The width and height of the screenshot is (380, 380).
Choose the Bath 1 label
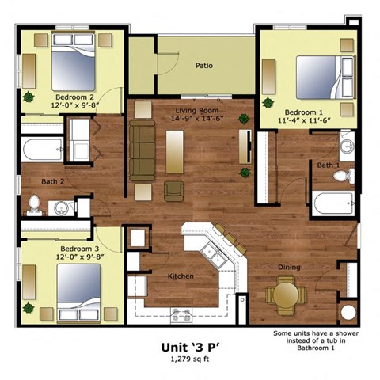[x=328, y=165]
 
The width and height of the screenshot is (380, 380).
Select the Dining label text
[x=289, y=268]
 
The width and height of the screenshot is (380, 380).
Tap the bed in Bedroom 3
[x=78, y=288]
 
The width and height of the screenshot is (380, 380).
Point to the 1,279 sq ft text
[x=189, y=360]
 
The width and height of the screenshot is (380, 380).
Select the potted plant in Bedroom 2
[x=29, y=97]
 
